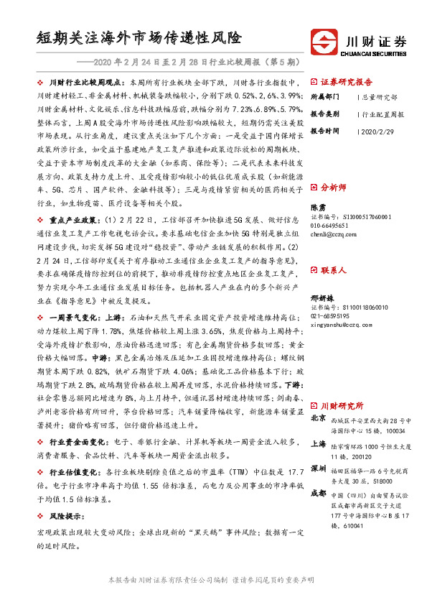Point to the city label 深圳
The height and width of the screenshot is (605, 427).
pyautogui.click(x=317, y=470)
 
